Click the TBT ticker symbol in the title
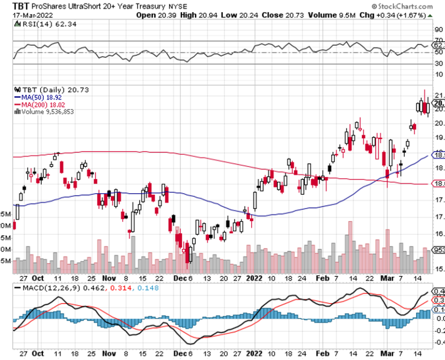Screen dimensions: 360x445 [21, 6]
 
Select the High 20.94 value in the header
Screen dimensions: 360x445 [194, 15]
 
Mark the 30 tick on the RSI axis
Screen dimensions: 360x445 [438, 64]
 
